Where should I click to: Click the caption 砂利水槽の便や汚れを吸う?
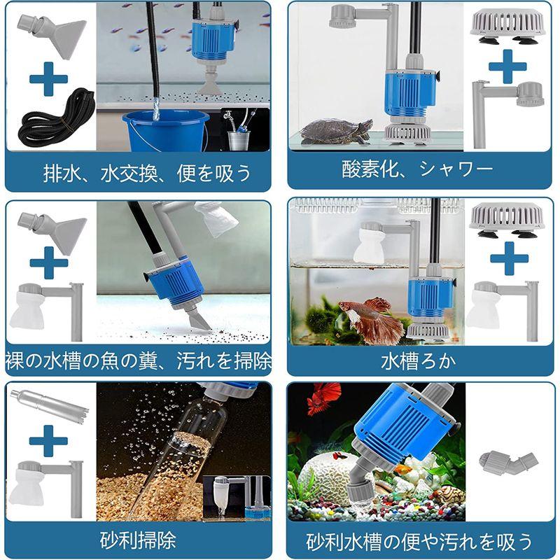click(420, 540)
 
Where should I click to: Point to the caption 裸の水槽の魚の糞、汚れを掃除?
click(138, 361)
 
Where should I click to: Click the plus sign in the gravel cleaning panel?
click(49, 441)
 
